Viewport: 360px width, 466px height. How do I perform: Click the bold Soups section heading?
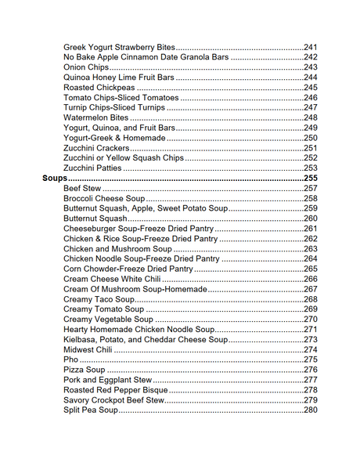pos(53,179)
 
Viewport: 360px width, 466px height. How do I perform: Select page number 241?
pos(311,47)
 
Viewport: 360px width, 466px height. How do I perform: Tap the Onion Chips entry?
pos(86,67)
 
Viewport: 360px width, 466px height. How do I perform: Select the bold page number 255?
pos(311,179)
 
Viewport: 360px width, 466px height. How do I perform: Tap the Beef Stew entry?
pos(81,189)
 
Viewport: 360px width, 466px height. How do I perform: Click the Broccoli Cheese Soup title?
pos(104,199)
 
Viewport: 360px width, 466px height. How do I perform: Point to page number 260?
pos(311,219)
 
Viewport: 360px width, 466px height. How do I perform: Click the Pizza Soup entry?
pos(84,370)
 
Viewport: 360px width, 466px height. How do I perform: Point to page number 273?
pos(311,340)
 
